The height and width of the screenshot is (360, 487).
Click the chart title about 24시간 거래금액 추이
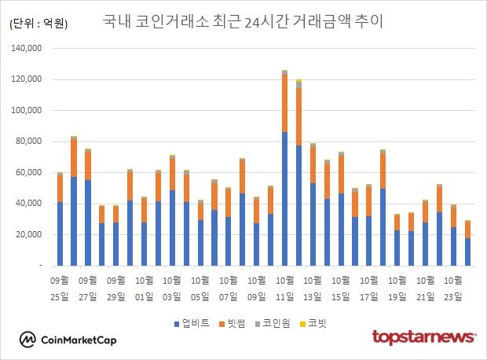click(x=243, y=21)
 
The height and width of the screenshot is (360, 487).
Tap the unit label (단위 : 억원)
click(x=38, y=24)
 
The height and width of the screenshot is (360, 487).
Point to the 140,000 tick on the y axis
click(x=27, y=49)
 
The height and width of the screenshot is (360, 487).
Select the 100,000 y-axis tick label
click(x=27, y=79)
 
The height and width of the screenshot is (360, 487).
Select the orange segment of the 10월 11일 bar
click(x=284, y=103)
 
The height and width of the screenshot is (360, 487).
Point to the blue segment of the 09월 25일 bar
click(x=60, y=234)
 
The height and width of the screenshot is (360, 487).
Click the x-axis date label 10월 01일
click(x=144, y=288)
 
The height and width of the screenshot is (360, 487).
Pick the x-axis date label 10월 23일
click(x=453, y=288)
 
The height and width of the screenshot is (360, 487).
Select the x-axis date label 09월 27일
click(x=88, y=288)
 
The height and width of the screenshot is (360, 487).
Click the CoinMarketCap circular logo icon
click(x=29, y=340)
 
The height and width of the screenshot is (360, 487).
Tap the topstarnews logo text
click(x=423, y=337)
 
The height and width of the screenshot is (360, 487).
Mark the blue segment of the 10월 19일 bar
click(x=397, y=248)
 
